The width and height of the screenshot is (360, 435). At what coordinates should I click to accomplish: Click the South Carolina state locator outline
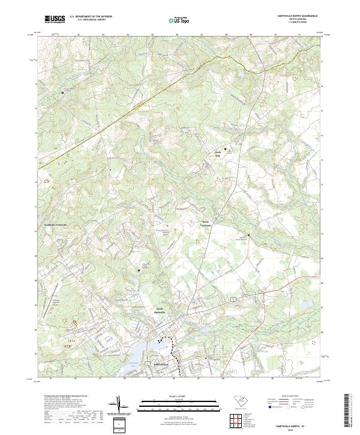[x=239, y=400]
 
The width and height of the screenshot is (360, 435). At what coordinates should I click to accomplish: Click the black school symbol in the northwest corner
[x=62, y=94]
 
